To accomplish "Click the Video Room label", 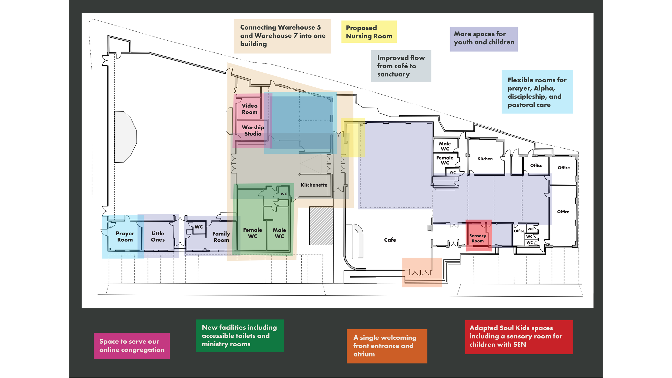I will point(249,109).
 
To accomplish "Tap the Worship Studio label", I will point(253,130).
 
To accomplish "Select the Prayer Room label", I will point(125,237).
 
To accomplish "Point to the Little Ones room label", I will point(158,237).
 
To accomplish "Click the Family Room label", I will point(221,237).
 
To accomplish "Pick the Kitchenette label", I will point(314,185).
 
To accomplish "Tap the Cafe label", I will point(390,240).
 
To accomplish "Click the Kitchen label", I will point(485,159).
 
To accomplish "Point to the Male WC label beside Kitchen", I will point(445,146).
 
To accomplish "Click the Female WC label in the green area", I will point(252,233).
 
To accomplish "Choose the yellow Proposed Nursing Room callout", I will point(369,32).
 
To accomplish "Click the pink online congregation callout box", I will point(132,345).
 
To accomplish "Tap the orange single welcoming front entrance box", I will point(387,346).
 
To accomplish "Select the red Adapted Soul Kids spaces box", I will point(519,337).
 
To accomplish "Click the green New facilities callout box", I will point(240,336).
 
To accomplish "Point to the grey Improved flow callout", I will point(401,66).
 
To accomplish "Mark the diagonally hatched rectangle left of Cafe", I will point(321,226).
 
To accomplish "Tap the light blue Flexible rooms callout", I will point(537,92).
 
